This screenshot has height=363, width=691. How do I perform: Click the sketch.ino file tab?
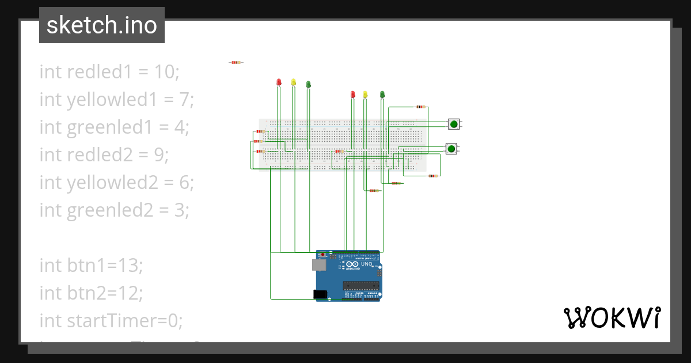[102, 25]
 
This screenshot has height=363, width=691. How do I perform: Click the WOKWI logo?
[612, 317]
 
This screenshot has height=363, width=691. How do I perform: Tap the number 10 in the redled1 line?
[166, 72]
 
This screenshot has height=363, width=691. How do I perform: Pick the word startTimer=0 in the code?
[111, 320]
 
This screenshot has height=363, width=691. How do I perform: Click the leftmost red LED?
[279, 82]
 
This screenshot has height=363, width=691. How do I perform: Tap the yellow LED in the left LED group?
[293, 82]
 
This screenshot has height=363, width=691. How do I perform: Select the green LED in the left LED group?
[308, 85]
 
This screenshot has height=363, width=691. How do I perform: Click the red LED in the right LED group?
[353, 94]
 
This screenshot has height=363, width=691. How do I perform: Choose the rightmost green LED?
[382, 94]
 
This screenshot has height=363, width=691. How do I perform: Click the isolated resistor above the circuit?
[236, 62]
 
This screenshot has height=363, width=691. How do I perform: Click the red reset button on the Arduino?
[323, 255]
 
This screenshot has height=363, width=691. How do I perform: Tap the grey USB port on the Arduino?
[318, 264]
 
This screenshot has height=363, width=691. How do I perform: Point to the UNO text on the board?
[367, 264]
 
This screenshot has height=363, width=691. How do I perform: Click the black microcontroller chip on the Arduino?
[360, 284]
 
